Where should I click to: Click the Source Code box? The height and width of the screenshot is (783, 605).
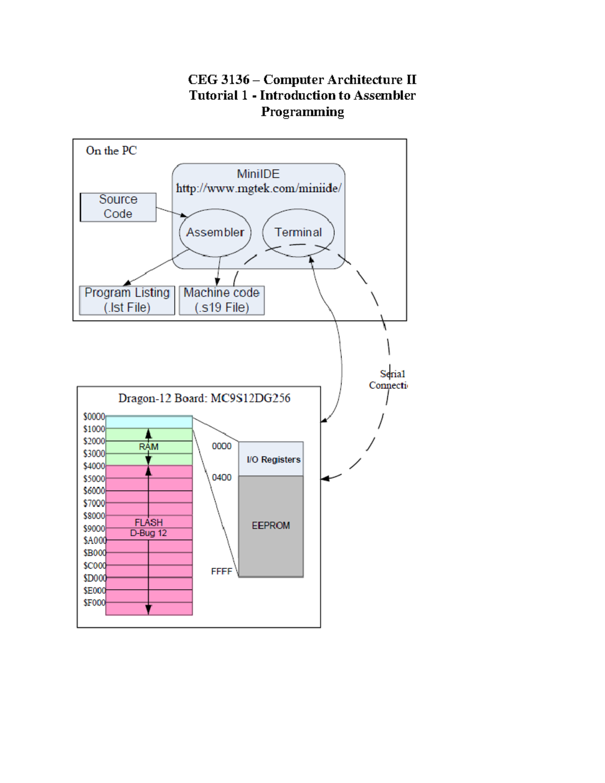pos(118,207)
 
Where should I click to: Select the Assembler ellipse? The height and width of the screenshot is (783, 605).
pos(215,232)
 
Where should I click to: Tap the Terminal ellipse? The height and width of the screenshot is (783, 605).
pos(298,232)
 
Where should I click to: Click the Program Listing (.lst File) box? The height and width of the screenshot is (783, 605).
pos(127,300)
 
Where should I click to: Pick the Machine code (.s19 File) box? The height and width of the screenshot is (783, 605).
pos(222,300)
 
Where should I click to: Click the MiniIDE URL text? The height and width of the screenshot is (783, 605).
pos(258,189)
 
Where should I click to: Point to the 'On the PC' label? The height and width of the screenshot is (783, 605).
pos(111,151)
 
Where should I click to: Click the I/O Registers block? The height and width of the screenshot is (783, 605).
pos(271,459)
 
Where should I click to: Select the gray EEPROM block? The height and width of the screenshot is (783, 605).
pos(271,526)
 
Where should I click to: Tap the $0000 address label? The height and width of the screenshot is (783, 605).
pos(94,417)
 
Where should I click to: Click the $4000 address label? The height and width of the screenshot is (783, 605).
pos(94,466)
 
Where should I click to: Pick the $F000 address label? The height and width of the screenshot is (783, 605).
pos(94,603)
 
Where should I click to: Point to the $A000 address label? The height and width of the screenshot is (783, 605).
pos(95,540)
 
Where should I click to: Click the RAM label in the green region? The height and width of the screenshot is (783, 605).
pos(149,447)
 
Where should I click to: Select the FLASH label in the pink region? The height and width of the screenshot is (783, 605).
pos(149,523)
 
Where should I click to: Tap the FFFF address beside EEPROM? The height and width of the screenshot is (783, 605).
pos(221,572)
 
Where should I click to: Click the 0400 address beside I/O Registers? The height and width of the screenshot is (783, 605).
pos(221,477)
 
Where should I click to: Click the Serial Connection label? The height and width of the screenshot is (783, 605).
pos(388,380)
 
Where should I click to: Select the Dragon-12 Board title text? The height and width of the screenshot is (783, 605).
pos(204,398)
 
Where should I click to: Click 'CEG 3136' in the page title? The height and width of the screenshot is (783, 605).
pos(218,80)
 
